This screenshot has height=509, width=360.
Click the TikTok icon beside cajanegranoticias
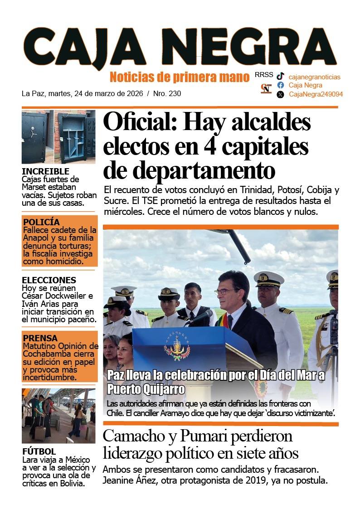click(281, 77)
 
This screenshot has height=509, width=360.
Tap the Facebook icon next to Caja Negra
click(281, 85)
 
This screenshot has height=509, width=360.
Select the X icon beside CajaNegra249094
click(281, 94)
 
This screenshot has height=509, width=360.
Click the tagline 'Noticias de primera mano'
click(180, 77)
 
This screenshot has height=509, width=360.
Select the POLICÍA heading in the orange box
click(41, 222)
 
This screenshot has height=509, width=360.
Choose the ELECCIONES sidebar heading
click(49, 280)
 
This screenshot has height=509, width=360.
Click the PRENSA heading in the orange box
click(40, 338)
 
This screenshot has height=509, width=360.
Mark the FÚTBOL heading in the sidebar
click(39, 451)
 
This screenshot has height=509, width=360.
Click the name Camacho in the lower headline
click(136, 436)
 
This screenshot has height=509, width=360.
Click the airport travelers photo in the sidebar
click(58, 415)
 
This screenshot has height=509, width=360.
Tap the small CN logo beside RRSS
click(266, 88)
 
